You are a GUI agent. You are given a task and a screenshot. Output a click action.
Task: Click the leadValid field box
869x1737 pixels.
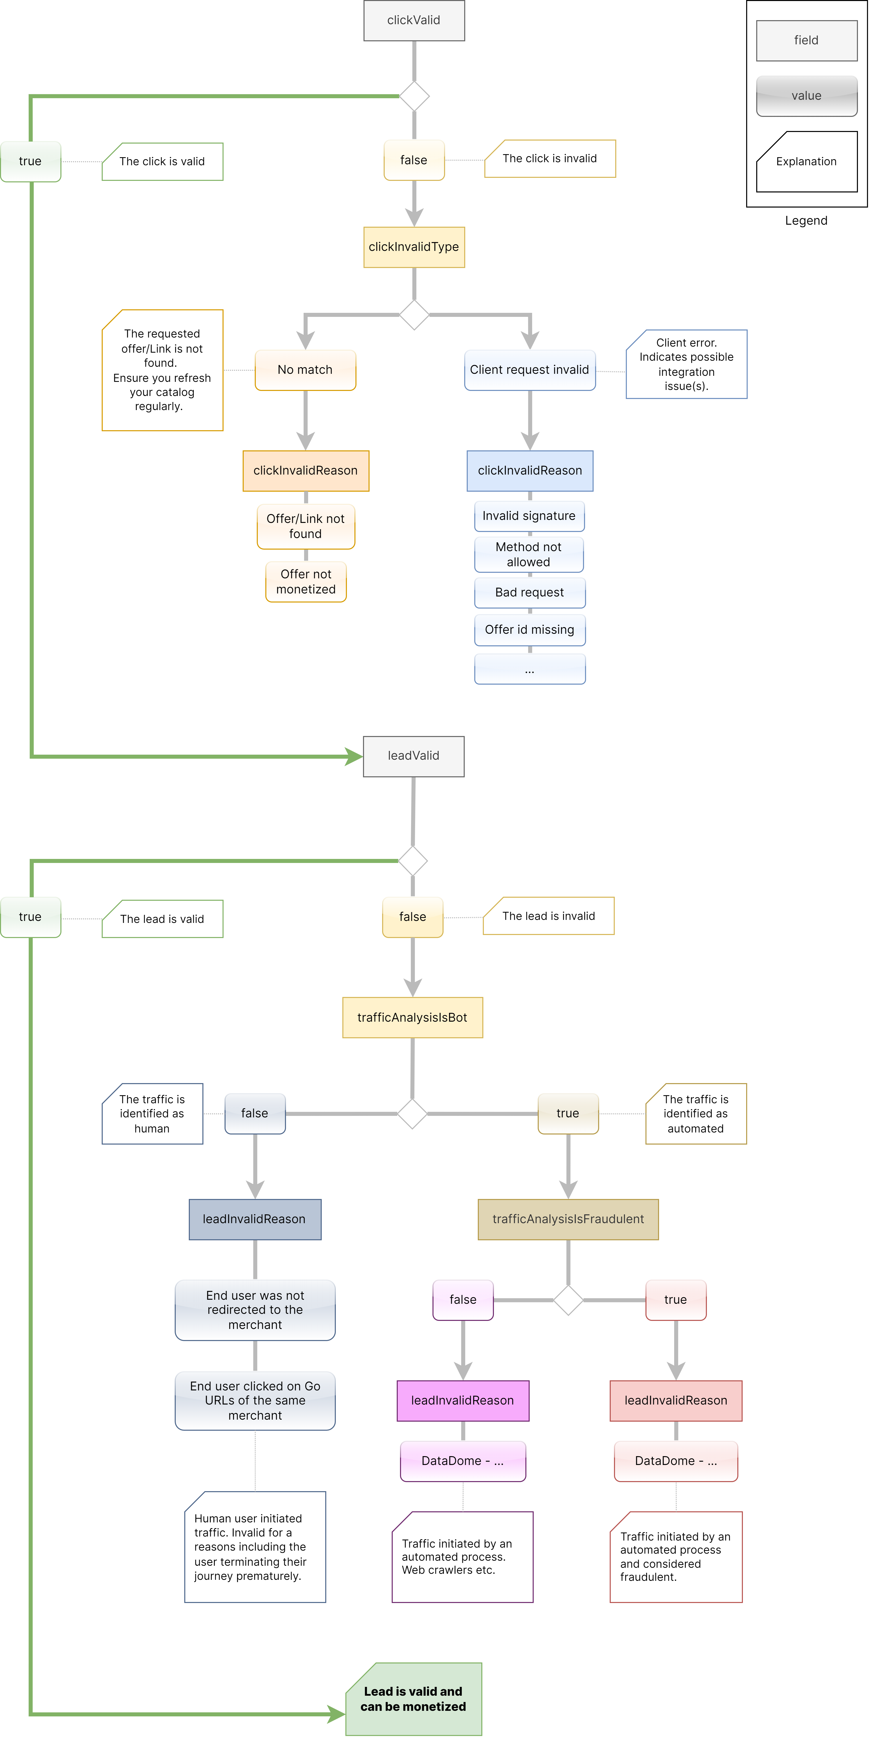[x=413, y=756]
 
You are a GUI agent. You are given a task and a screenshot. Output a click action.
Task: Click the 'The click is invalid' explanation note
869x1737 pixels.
[x=550, y=158]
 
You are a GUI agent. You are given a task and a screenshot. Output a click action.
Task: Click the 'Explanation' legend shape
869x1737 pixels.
[x=806, y=162]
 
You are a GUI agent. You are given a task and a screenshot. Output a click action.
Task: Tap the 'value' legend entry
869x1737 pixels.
[x=806, y=96]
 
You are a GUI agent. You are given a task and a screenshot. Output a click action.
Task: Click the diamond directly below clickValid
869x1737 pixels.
[x=414, y=96]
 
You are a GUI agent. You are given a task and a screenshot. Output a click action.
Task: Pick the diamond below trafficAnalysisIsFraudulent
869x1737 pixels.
[x=568, y=1300]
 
